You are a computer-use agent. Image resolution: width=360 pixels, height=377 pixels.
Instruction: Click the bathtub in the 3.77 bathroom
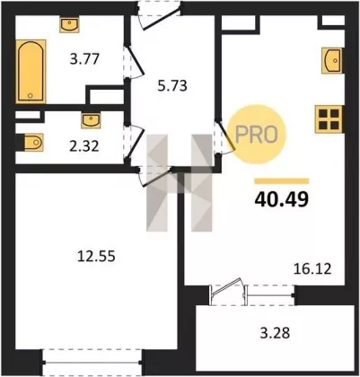pyautogui.click(x=31, y=72)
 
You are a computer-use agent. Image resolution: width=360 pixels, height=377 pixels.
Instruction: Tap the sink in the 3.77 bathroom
pyautogui.click(x=69, y=25)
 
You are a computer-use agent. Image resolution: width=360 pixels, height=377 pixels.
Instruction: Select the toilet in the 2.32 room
pyautogui.click(x=33, y=142)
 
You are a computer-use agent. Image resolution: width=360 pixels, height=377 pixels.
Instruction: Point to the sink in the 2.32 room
pyautogui.click(x=91, y=120)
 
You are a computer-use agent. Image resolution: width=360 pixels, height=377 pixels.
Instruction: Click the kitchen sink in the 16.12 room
pyautogui.click(x=332, y=60)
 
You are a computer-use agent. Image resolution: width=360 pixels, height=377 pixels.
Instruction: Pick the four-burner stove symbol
pyautogui.click(x=329, y=119)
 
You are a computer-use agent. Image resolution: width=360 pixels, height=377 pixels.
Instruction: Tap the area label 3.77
pyautogui.click(x=84, y=58)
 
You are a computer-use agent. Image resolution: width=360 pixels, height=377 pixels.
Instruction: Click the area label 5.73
pyautogui.click(x=172, y=86)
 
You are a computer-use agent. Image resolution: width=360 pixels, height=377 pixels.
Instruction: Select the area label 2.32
pyautogui.click(x=84, y=146)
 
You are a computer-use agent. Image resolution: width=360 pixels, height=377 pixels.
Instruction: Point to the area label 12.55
pyautogui.click(x=96, y=256)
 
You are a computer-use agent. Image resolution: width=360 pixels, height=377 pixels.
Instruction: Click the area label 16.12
pyautogui.click(x=312, y=269)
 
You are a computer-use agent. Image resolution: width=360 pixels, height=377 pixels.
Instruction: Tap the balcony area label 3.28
pyautogui.click(x=275, y=332)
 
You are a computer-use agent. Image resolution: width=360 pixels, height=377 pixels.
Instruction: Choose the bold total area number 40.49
pyautogui.click(x=281, y=199)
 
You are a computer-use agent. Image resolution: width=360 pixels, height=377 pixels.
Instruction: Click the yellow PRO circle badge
pyautogui.click(x=257, y=135)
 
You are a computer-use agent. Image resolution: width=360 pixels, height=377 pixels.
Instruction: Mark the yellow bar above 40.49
pyautogui.click(x=282, y=181)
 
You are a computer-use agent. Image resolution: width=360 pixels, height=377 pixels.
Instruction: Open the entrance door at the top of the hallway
pyautogui.click(x=159, y=15)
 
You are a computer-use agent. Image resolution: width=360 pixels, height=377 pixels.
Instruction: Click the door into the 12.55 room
pyautogui.click(x=155, y=177)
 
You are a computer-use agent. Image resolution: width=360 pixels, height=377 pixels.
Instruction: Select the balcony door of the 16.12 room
pyautogui.click(x=226, y=291)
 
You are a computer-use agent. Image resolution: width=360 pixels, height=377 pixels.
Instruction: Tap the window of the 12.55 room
pyautogui.click(x=92, y=363)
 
